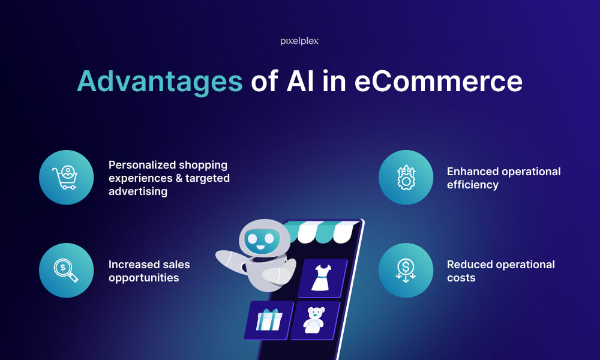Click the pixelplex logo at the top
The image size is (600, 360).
pos(299,41)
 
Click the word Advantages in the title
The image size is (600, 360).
pos(159,82)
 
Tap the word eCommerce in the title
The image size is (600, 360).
pos(438,82)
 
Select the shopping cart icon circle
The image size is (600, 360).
pos(66,178)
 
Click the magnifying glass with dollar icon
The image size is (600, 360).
pos(66,271)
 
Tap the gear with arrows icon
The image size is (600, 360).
pos(406,178)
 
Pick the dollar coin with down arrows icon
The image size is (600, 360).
pos(406,271)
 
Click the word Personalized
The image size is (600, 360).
pos(143,164)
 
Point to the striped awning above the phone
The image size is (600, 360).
pos(323,231)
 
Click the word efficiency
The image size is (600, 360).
pos(473,185)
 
